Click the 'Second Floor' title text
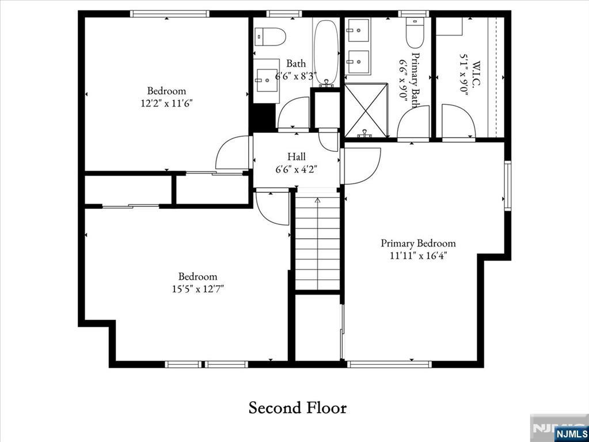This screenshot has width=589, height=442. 297,408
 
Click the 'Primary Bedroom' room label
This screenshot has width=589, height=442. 418,243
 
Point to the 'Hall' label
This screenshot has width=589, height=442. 297,157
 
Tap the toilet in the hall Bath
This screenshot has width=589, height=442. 271,37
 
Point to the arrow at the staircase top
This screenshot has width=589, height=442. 317,200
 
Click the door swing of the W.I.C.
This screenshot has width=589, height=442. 458,121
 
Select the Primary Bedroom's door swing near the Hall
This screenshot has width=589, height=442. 362,166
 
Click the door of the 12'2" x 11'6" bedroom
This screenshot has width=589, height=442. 234,153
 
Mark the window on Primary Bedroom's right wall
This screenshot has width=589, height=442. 507,185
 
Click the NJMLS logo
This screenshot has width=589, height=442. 571,432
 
